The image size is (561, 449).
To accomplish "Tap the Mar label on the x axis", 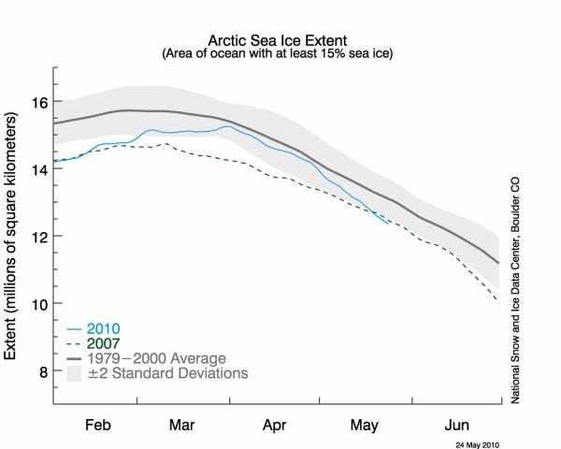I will pos(182,422).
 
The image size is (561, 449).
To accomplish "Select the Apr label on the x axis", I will pos(275,422).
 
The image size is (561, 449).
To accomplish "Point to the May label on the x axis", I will pos(365,422).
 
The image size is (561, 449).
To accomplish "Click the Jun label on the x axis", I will pos(457,422).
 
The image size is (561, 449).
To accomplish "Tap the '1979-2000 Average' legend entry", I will pos(154,357).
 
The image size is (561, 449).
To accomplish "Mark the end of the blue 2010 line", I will pos(388,223).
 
